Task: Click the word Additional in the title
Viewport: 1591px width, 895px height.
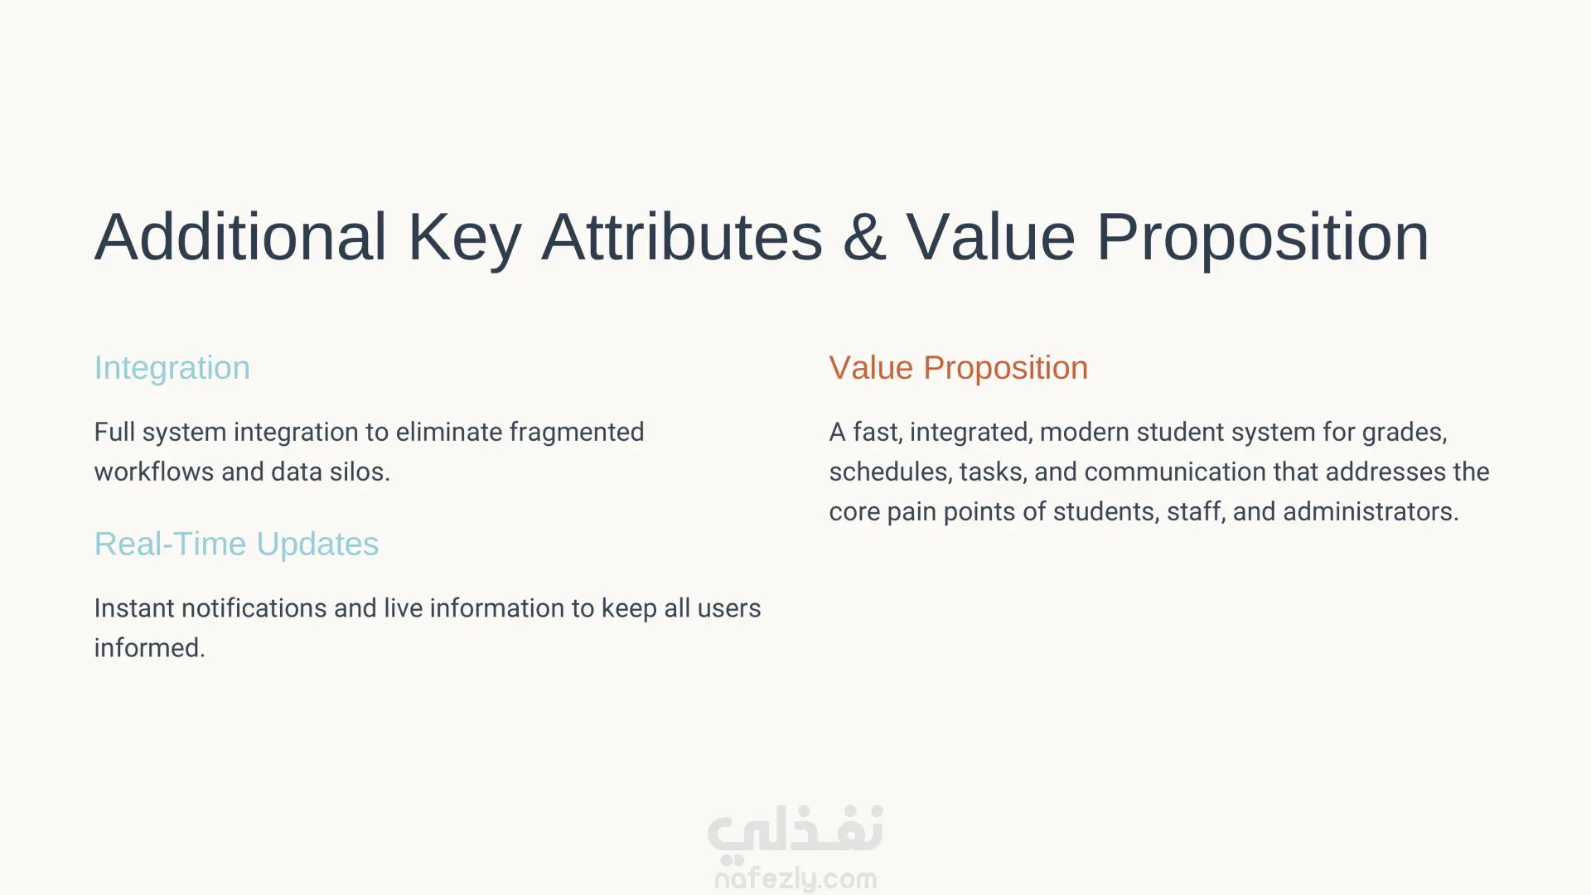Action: tap(240, 237)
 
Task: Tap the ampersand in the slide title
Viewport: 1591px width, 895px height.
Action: tap(864, 238)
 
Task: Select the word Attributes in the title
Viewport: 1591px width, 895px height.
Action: tap(682, 237)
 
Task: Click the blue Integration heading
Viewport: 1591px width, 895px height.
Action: tap(172, 369)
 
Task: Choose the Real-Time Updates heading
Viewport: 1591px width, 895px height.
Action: tap(236, 544)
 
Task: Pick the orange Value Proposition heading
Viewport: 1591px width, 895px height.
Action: tap(958, 369)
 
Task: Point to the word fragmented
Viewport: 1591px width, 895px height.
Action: tap(577, 433)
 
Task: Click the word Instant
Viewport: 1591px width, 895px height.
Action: tap(133, 608)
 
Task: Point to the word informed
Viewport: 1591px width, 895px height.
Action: tap(149, 648)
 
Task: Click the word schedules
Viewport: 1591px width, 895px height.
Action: tap(891, 472)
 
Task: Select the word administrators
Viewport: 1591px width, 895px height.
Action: tap(1371, 511)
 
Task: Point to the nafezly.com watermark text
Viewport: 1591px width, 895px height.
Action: tap(795, 878)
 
